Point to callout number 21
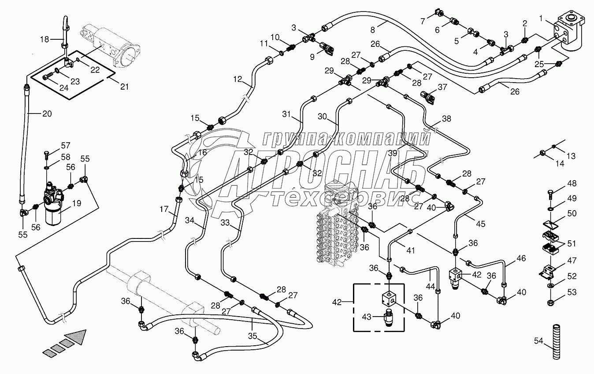(x=125, y=87)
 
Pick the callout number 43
(x=367, y=316)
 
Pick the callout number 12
(x=238, y=79)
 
